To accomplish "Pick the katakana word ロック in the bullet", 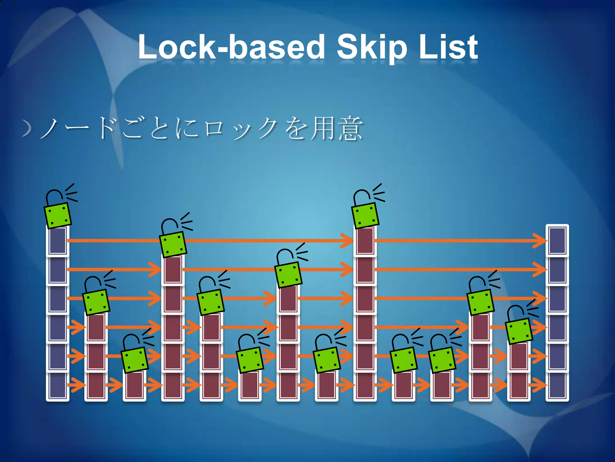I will tap(240, 129).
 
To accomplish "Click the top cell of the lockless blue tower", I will tap(557, 241).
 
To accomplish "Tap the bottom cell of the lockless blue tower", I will tap(557, 386).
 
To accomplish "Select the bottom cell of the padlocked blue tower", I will tap(58, 386).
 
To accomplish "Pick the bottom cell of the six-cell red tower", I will tap(365, 386).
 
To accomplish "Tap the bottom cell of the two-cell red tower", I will tap(519, 386).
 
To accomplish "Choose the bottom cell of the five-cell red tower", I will tap(173, 386).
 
